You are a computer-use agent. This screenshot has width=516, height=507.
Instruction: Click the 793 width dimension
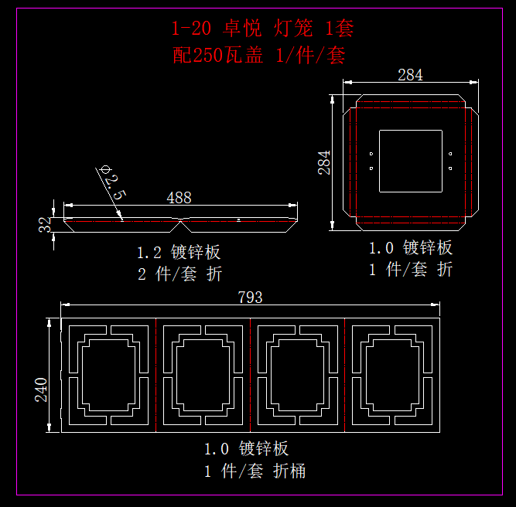click(250, 298)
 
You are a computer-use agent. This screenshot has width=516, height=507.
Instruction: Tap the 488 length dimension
click(179, 198)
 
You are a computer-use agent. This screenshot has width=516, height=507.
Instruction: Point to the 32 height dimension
click(46, 224)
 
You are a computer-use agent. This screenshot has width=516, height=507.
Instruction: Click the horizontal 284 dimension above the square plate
click(410, 75)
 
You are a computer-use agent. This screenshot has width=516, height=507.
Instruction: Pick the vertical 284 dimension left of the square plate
click(325, 162)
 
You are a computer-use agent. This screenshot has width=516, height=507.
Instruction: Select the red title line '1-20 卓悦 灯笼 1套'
click(262, 29)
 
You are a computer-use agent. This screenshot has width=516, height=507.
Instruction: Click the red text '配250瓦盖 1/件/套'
click(260, 55)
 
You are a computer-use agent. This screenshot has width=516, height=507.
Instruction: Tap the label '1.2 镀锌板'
click(179, 252)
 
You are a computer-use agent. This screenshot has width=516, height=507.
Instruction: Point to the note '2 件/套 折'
click(179, 274)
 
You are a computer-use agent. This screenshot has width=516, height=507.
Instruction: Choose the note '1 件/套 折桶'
click(255, 471)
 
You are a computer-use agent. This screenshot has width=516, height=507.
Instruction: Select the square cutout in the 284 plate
click(411, 161)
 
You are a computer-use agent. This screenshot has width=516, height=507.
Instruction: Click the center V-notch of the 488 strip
click(180, 221)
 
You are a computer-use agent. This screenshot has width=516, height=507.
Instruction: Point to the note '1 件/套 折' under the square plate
click(410, 269)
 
